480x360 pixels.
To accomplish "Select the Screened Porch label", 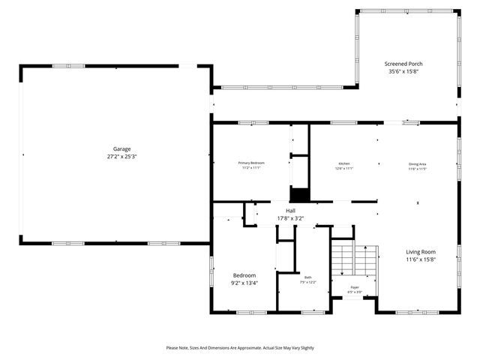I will click(x=403, y=64).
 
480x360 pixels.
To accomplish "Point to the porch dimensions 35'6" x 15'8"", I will click(x=403, y=72).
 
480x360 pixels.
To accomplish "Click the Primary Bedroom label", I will click(x=251, y=163).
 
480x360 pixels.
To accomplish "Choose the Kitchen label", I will click(x=344, y=163).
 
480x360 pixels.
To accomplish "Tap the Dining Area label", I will click(x=418, y=163).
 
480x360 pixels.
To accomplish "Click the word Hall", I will click(x=289, y=211).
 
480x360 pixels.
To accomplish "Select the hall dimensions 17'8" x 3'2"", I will click(x=289, y=218).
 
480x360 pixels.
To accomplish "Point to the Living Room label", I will click(x=421, y=252).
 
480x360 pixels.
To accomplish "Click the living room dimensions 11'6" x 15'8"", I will click(x=421, y=259).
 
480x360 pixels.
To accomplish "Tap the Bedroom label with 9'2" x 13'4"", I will click(x=244, y=275).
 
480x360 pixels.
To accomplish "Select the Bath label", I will click(x=307, y=277).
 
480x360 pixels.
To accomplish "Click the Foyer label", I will click(x=355, y=287).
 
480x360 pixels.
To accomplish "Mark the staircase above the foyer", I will click(x=353, y=259).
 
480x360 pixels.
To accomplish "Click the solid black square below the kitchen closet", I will click(x=299, y=194).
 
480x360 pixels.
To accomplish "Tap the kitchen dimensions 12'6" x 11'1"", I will click(x=344, y=169).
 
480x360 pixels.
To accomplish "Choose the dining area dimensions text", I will click(x=418, y=169).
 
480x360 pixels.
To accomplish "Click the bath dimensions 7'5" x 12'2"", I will click(x=307, y=282).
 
